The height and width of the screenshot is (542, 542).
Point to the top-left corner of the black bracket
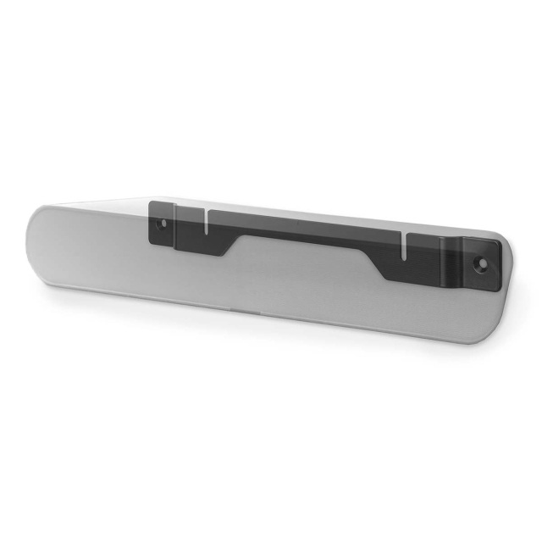tap(150, 202)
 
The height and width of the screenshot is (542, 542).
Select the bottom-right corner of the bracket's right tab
tap(500, 282)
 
